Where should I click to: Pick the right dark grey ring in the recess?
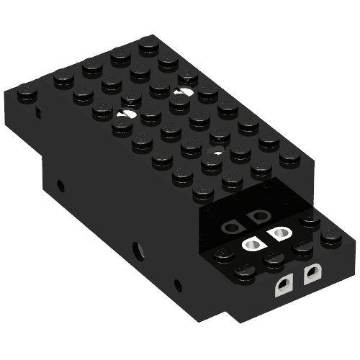click(256, 217)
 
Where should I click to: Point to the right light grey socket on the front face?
click(312, 274)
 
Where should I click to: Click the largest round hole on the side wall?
click(137, 251)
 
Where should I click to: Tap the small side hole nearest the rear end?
click(60, 186)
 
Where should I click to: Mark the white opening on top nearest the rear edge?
click(183, 93)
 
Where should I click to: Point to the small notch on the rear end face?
click(37, 113)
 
